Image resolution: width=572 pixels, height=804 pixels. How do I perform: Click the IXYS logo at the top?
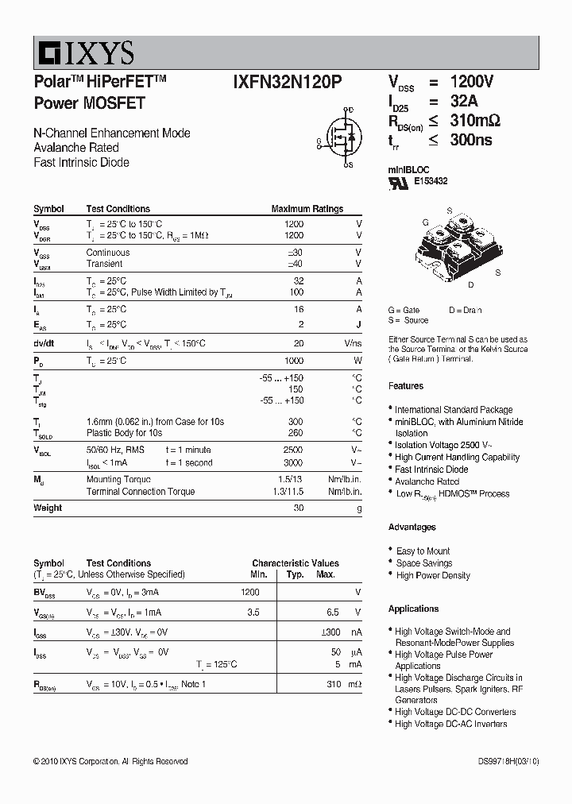click(84, 53)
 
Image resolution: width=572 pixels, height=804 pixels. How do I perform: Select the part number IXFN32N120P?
click(289, 83)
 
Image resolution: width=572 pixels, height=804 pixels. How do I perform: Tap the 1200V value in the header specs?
click(472, 82)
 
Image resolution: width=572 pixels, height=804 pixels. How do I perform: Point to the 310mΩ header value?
click(475, 121)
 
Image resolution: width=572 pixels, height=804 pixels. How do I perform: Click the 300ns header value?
click(471, 140)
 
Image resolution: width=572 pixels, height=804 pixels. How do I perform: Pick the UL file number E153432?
click(431, 181)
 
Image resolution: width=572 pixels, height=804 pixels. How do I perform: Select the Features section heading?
click(406, 386)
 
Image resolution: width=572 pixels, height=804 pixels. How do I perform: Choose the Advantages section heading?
click(412, 528)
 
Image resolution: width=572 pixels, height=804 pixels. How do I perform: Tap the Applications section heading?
click(413, 609)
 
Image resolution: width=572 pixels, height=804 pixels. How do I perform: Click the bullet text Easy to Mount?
click(423, 551)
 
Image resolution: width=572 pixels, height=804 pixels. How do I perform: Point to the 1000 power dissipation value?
click(293, 361)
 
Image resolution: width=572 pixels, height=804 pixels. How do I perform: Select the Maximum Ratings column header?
click(307, 209)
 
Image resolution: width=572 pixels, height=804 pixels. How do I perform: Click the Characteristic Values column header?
click(296, 563)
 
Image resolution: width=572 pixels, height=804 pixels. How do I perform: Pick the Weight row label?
click(48, 508)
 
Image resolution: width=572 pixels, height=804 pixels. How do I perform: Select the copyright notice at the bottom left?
click(110, 761)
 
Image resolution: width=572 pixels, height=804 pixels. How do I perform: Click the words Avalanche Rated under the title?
click(76, 148)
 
